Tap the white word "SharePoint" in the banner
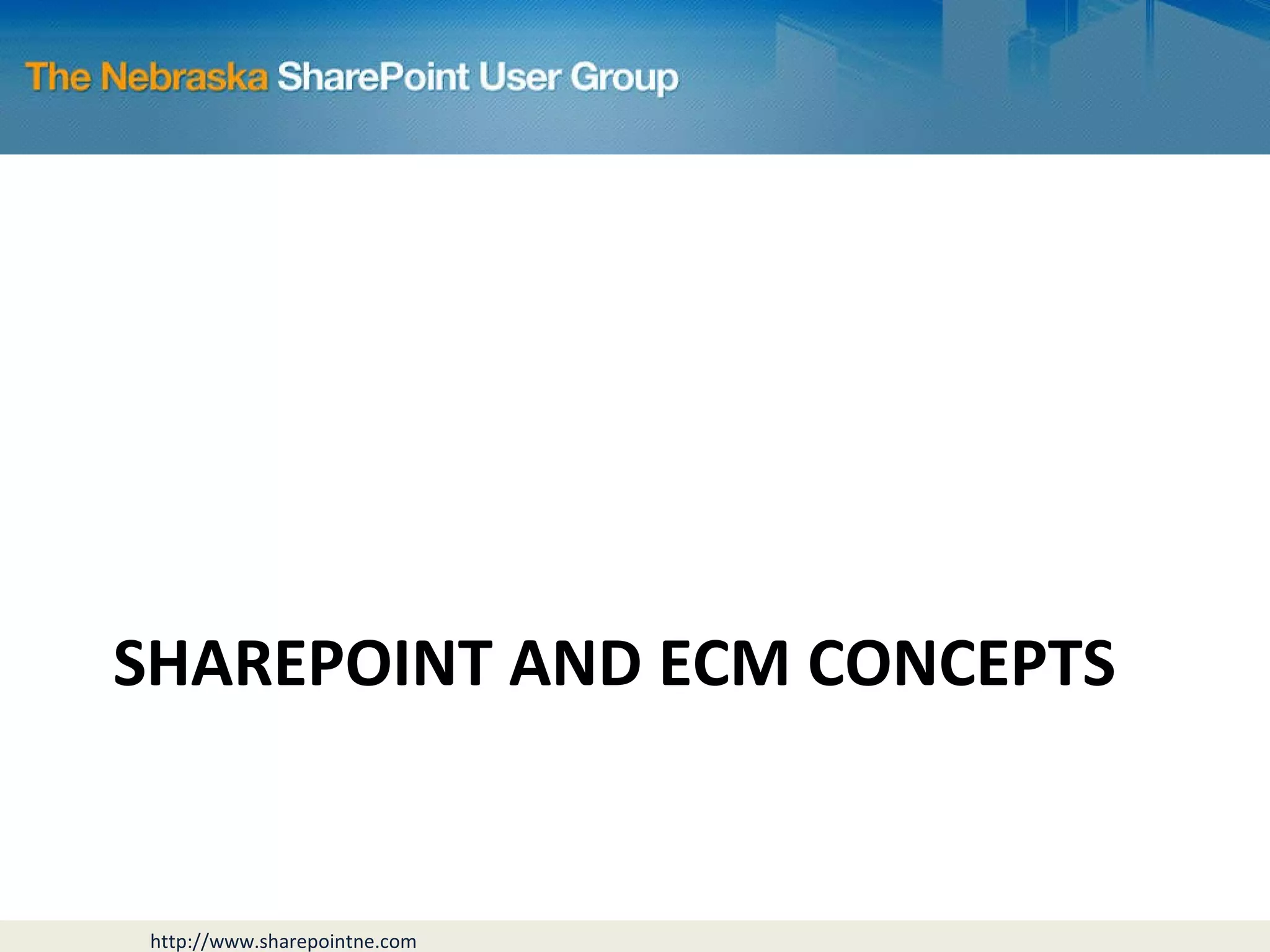[x=373, y=77]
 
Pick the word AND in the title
[x=574, y=664]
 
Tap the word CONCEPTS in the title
[x=961, y=664]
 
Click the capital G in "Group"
[x=587, y=78]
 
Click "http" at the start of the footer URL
[x=170, y=942]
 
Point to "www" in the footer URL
[x=232, y=942]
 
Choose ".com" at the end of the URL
[x=397, y=942]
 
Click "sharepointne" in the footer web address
[x=316, y=942]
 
